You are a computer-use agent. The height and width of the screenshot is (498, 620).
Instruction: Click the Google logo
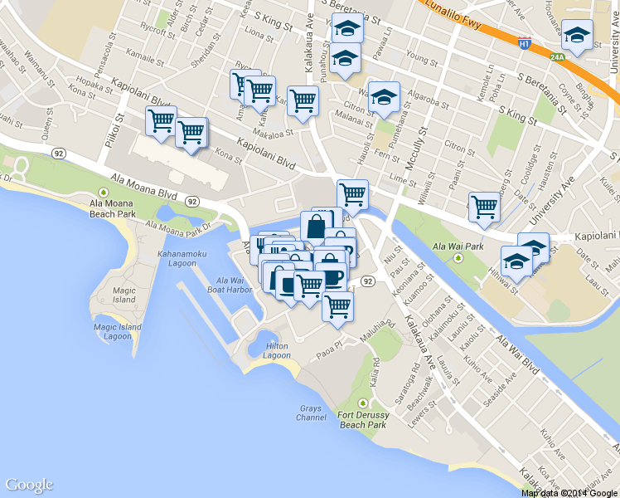(29, 485)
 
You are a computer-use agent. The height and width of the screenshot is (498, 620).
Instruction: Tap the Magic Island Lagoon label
(113, 331)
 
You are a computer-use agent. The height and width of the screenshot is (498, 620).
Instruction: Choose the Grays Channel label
(311, 413)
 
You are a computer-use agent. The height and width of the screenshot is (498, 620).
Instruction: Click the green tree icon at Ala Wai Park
(458, 257)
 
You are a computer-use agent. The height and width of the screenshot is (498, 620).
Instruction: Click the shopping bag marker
(317, 225)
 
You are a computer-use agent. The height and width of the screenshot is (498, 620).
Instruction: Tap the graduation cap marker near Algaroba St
(384, 97)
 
